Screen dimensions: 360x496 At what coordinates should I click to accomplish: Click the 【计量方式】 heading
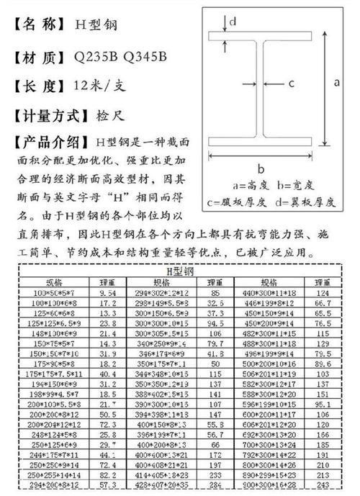pos(48,115)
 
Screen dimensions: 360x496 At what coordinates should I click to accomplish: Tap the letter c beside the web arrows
pos(292,84)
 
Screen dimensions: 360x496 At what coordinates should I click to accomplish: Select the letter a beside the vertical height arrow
pos(336,84)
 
